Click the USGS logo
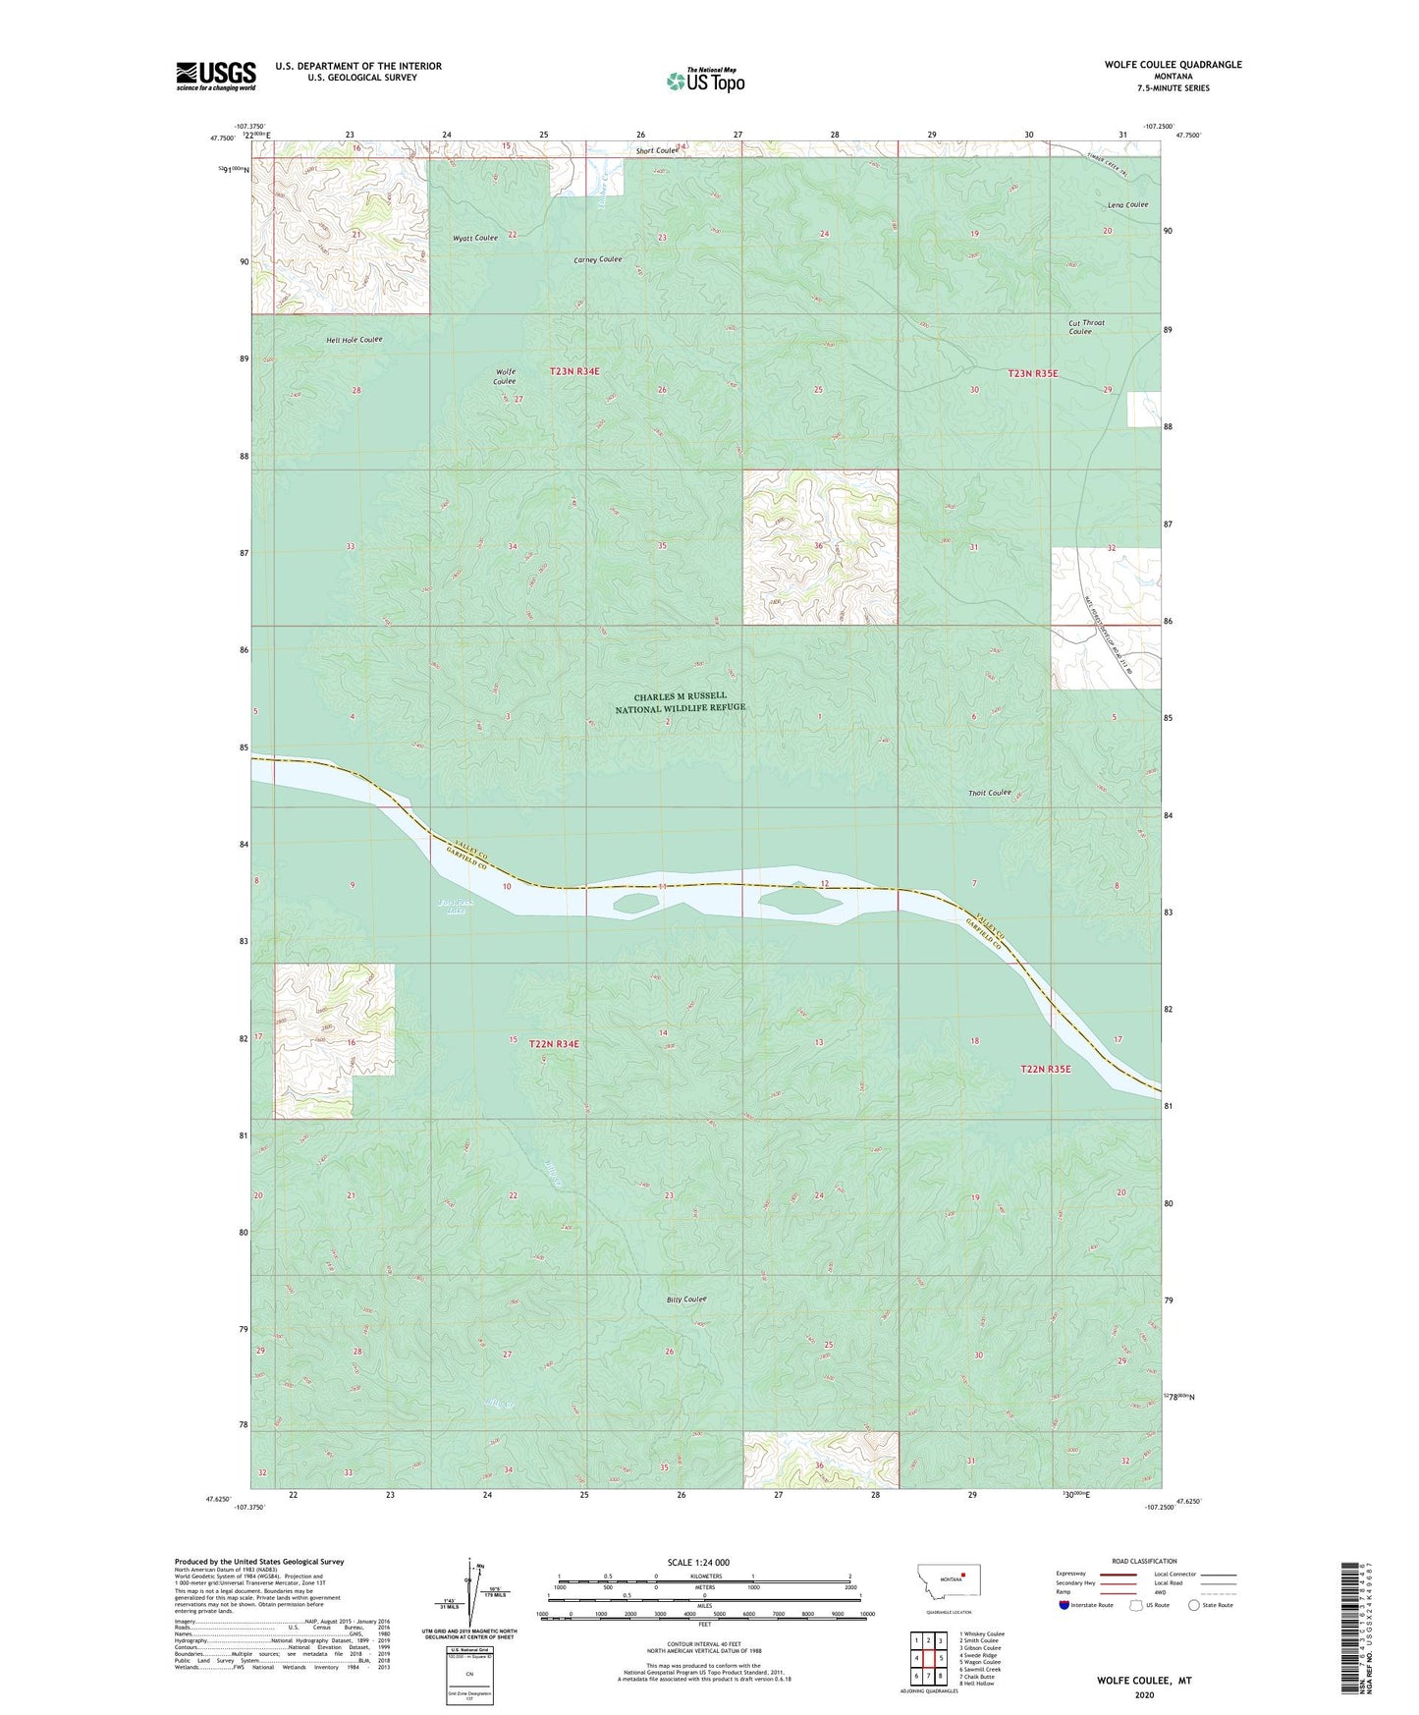216,76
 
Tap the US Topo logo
705,80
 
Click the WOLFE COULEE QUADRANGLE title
1173,65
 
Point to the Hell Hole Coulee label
354,340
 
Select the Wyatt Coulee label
474,238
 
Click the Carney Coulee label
597,259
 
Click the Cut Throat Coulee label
1086,327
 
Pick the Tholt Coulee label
989,793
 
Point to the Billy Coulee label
686,1300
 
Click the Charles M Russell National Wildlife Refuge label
680,701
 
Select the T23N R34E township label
574,371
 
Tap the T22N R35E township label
1046,1069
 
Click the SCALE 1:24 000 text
698,1562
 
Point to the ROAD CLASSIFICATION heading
1144,1561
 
